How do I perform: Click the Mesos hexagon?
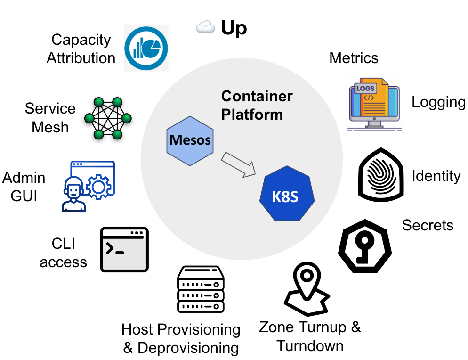click(x=190, y=140)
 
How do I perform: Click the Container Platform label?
click(x=257, y=105)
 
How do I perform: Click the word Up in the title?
click(x=234, y=28)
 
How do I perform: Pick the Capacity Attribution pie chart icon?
click(x=146, y=48)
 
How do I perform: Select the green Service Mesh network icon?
click(x=108, y=118)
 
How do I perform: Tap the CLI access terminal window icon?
click(x=124, y=249)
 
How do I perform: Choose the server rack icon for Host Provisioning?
click(x=200, y=288)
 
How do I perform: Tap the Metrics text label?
click(x=354, y=58)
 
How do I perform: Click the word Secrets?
click(x=428, y=225)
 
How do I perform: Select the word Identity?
click(x=436, y=176)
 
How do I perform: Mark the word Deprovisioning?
click(x=188, y=348)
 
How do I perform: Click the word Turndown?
click(x=310, y=345)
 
